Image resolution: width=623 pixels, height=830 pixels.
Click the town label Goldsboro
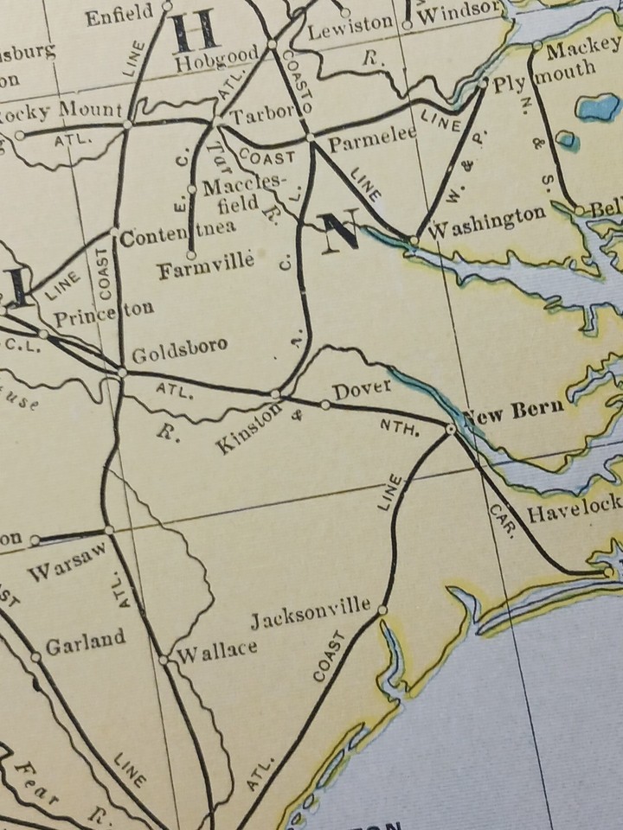[180, 348]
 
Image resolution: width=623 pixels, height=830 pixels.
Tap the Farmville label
[205, 271]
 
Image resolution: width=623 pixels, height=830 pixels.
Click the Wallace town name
[216, 649]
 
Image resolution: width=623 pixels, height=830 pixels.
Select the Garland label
[85, 642]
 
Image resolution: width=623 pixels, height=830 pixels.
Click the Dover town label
[362, 390]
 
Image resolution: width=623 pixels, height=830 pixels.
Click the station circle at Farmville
[190, 255]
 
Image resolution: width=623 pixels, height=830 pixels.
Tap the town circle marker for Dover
[325, 405]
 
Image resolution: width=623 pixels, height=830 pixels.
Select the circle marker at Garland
[35, 656]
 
